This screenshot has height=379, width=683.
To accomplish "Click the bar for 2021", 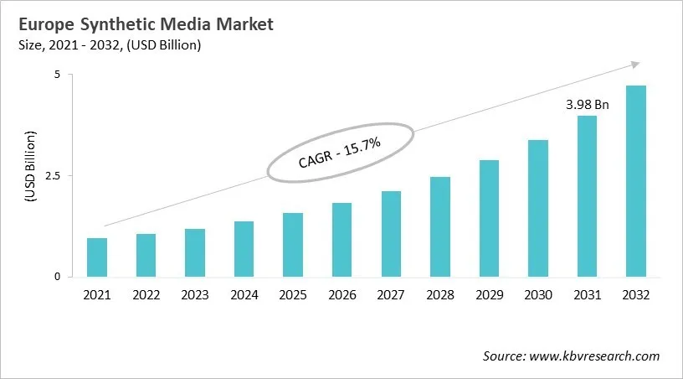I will (97, 257).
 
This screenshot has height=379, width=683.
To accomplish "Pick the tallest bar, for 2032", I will (635, 181).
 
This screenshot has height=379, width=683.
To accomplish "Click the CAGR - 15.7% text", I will (340, 153).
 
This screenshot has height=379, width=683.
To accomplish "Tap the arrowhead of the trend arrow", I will (635, 64).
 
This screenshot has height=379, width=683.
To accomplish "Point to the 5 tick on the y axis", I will (58, 75).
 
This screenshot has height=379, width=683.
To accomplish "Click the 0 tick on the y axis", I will (58, 277).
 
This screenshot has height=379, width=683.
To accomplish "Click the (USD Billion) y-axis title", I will (30, 166).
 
